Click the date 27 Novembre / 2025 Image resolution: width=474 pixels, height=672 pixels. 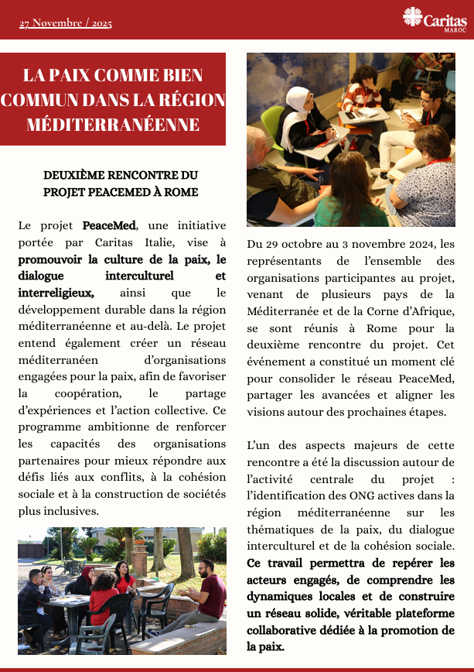[x=66, y=23]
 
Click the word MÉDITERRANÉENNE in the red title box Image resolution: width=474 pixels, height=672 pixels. [x=113, y=124]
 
